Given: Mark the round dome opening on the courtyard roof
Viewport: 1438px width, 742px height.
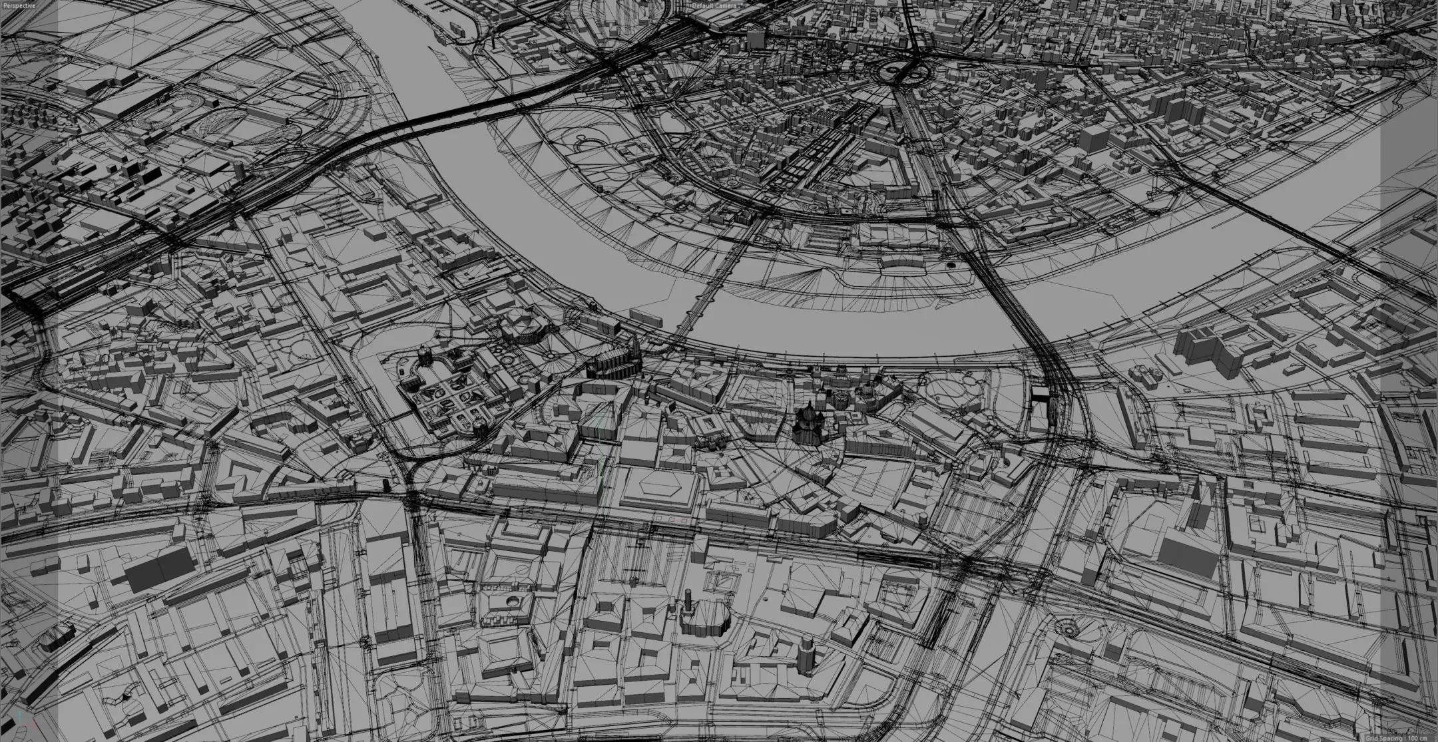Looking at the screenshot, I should pyautogui.click(x=513, y=601).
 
